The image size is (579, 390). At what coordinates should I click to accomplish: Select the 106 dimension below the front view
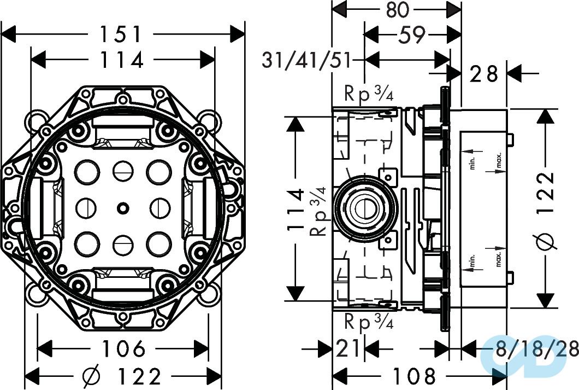tap(122, 348)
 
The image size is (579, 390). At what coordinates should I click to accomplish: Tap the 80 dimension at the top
tap(397, 10)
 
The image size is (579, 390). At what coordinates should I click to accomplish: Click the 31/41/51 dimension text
tap(306, 60)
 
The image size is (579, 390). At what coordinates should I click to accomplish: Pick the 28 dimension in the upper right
tap(485, 73)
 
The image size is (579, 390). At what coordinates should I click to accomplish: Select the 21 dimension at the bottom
tap(347, 348)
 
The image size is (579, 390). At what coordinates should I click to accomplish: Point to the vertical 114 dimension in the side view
tap(295, 208)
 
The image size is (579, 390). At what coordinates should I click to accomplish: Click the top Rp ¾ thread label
tap(369, 94)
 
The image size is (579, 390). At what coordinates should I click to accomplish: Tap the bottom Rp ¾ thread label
tap(369, 322)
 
